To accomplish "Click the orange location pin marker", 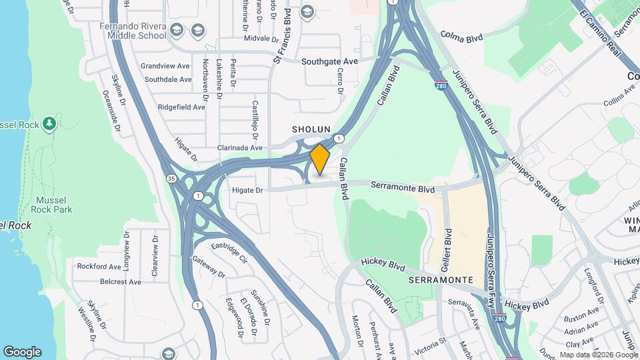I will click(320, 159).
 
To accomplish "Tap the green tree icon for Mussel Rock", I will click(49, 123).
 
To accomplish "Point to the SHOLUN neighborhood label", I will click(311, 128).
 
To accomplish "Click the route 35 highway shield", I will click(171, 179).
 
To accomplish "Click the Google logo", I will click(22, 351).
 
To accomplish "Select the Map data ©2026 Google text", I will click(597, 355).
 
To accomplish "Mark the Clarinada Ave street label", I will click(240, 147).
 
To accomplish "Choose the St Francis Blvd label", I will click(282, 37).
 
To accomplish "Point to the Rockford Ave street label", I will click(99, 266).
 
